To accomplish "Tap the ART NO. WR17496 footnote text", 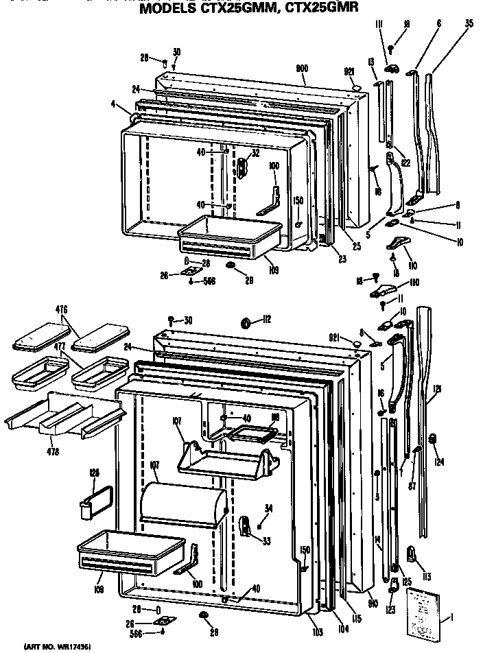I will [58, 646].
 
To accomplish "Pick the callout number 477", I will [60, 347].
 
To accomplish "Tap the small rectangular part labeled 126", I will [95, 499].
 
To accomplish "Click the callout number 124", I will [439, 462].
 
